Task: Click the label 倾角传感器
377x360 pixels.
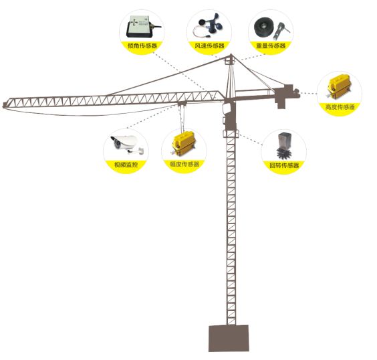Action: coord(142,46)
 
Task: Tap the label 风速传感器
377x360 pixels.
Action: coord(209,46)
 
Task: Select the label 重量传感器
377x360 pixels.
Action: coord(271,46)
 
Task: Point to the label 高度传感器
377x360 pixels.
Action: coord(340,106)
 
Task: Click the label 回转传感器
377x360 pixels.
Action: coord(284,165)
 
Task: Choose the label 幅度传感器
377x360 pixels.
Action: coord(184,164)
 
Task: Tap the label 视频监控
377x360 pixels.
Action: coord(126,165)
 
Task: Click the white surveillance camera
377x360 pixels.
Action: coord(127,144)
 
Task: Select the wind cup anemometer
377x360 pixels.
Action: coord(209,26)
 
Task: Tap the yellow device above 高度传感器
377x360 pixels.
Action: coord(339,86)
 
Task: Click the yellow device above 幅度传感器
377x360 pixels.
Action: coord(184,143)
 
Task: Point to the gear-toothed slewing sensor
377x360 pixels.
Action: coord(283,146)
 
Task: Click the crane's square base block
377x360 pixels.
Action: coord(229,338)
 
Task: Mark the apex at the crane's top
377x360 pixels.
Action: coord(231,54)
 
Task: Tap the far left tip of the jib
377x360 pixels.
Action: coord(3,105)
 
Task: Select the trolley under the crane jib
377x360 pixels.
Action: coord(182,104)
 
